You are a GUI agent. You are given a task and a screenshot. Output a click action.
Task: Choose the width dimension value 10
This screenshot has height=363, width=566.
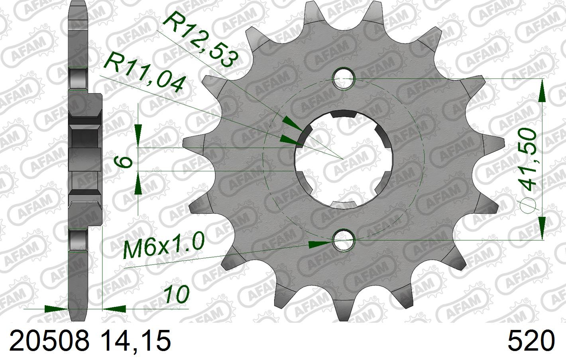coord(177,294)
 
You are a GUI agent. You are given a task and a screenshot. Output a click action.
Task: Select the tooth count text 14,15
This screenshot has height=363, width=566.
coord(136,341)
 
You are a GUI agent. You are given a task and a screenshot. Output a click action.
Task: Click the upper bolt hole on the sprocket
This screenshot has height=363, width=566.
coord(344,78)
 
